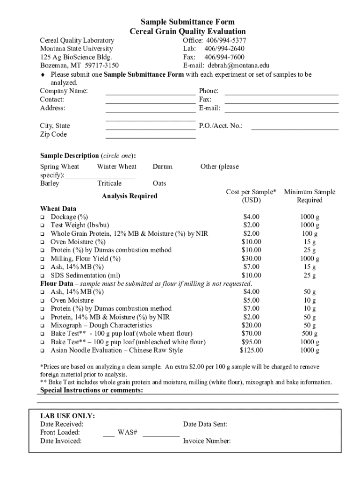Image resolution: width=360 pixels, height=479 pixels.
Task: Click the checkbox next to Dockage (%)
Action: [42, 218]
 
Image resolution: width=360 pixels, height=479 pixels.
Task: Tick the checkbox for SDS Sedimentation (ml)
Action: [42, 276]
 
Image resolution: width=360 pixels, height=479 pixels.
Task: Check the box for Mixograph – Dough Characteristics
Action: [42, 326]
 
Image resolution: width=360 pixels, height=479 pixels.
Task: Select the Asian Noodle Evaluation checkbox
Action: [42, 350]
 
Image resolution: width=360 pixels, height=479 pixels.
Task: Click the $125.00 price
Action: [251, 350]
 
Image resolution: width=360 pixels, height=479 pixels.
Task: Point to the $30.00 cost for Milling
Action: [251, 258]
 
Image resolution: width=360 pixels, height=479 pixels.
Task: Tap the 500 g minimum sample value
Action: [309, 334]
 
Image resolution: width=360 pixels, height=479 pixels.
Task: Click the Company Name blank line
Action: [150, 91]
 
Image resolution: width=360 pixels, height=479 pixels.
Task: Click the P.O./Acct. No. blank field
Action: [295, 126]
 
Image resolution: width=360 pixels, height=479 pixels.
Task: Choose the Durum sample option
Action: [162, 167]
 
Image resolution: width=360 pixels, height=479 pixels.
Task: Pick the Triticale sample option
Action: [109, 183]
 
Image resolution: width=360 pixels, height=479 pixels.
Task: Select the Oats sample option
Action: [159, 183]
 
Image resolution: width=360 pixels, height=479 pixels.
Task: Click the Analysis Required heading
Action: [130, 196]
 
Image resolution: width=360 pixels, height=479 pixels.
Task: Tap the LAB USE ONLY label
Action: [67, 416]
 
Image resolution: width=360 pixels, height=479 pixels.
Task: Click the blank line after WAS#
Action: [161, 433]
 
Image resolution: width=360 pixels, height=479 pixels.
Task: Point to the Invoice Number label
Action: [207, 441]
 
